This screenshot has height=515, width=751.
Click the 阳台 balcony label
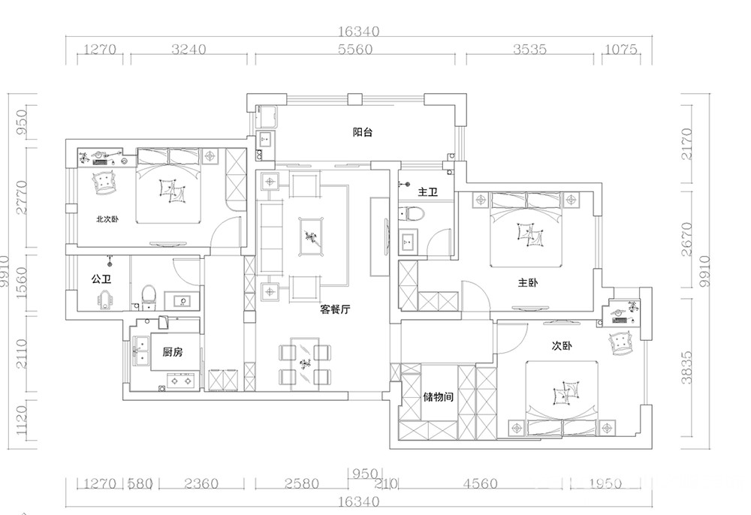pyautogui.click(x=363, y=132)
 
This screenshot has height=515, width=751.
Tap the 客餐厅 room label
pyautogui.click(x=335, y=309)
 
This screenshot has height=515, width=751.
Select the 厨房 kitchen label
pyautogui.click(x=173, y=352)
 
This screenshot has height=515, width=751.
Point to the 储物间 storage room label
pyautogui.click(x=438, y=397)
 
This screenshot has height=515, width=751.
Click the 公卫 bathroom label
pyautogui.click(x=101, y=279)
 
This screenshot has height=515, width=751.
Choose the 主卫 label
pyautogui.click(x=428, y=192)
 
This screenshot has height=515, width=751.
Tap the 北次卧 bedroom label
pyautogui.click(x=107, y=219)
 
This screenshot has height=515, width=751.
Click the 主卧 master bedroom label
pyautogui.click(x=528, y=282)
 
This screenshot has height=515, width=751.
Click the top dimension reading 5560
pyautogui.click(x=355, y=49)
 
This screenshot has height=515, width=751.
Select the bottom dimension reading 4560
pyautogui.click(x=480, y=484)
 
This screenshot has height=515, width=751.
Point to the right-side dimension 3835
pyautogui.click(x=687, y=368)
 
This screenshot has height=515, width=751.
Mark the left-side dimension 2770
pyautogui.click(x=22, y=197)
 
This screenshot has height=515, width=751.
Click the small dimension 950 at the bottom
pyautogui.click(x=365, y=474)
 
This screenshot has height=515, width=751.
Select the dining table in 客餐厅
pyautogui.click(x=305, y=364)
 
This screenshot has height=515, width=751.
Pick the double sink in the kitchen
pyautogui.click(x=142, y=350)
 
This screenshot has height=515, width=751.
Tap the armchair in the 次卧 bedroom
pyautogui.click(x=621, y=342)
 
